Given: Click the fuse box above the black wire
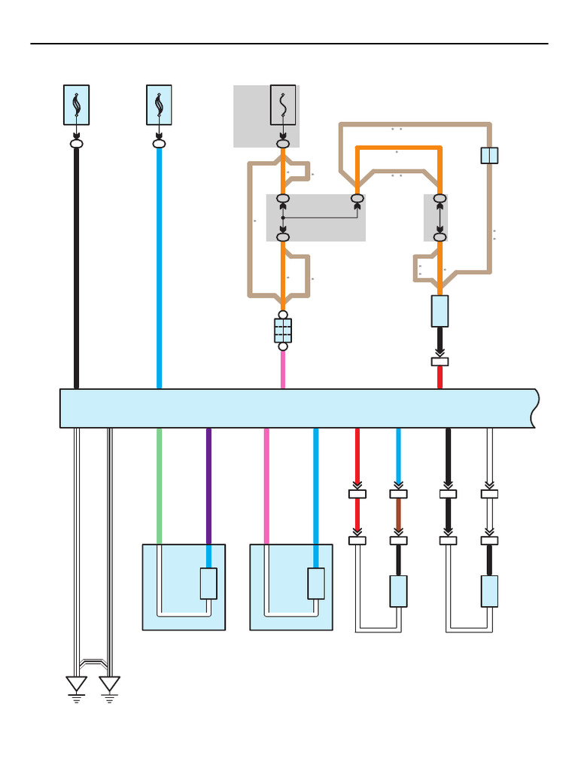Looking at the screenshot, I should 76,105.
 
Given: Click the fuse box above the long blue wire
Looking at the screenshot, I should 159,105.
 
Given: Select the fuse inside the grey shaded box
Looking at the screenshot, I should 283,105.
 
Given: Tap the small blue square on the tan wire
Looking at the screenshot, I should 489,155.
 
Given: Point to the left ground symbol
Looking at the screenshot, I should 76,685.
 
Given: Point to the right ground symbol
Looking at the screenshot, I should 110,685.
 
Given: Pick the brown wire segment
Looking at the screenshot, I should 398,517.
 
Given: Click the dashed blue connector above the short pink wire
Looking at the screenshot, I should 283,331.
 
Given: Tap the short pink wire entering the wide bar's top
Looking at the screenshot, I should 283,370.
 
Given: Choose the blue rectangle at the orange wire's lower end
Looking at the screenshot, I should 440,311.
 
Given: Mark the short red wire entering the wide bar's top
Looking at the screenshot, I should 440,377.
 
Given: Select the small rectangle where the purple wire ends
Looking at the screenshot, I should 208,584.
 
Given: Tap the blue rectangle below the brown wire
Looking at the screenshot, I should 398,591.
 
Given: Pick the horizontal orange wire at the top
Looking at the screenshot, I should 398,148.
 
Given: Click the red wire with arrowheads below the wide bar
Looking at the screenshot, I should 357,517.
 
